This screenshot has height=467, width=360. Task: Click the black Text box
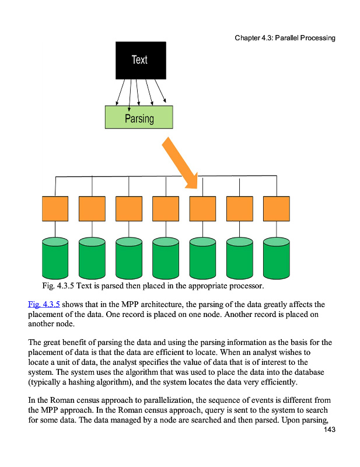coord(139,60)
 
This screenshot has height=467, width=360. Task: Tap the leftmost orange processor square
coord(55,208)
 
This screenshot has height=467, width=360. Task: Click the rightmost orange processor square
coord(276,208)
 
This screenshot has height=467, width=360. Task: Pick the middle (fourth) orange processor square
coord(166,208)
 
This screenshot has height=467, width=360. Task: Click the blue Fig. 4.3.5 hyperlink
coord(44,304)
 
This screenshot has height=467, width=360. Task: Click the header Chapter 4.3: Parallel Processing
coord(285,38)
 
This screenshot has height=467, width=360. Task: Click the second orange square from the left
coord(92,208)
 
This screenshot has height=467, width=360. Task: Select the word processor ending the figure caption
coord(246,286)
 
